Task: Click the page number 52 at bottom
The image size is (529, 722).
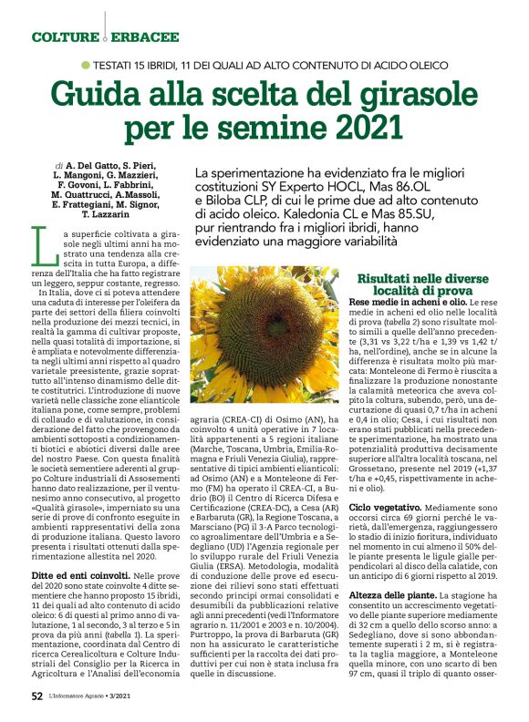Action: tap(37, 696)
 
